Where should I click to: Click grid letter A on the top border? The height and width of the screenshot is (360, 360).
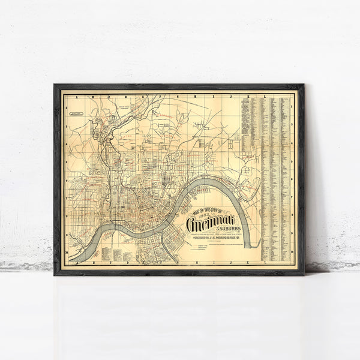77,95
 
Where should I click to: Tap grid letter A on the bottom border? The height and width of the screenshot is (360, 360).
77,261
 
